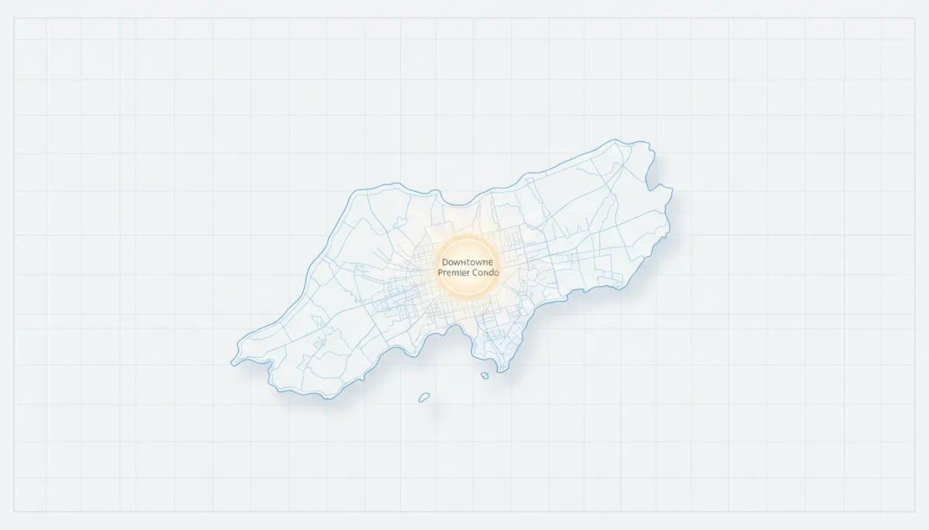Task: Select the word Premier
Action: tap(451, 273)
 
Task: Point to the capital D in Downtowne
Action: tap(444, 262)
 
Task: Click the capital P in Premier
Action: tap(440, 273)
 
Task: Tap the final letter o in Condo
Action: tap(496, 273)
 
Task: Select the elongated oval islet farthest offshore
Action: tap(423, 397)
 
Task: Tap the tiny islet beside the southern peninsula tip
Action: tap(485, 375)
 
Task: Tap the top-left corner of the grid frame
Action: tap(14, 18)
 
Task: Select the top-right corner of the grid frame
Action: tap(915, 18)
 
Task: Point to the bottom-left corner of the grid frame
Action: tap(14, 511)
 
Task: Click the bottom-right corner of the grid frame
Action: tap(915, 511)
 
